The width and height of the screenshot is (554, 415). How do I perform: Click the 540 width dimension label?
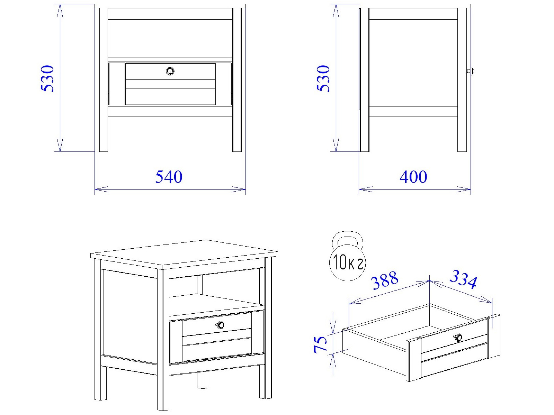[x=169, y=177]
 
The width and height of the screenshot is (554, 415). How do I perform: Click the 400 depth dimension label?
[x=413, y=177]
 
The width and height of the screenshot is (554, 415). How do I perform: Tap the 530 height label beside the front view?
[x=47, y=79]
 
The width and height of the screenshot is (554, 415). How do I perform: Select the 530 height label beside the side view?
[x=323, y=79]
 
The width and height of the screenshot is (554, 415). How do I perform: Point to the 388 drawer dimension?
[x=385, y=280]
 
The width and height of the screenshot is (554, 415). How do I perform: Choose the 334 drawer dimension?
[x=463, y=279]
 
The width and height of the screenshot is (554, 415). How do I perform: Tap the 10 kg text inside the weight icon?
[x=348, y=262]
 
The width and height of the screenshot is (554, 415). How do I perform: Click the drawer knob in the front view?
[x=170, y=71]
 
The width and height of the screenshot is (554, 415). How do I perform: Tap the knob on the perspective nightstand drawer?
[x=220, y=325]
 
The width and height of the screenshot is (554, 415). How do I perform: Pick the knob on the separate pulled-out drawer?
[x=458, y=338]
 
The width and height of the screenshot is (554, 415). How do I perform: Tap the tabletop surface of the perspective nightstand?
[x=184, y=253]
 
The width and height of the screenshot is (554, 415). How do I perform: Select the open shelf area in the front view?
[x=170, y=38]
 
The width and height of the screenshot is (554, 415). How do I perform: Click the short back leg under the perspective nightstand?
[x=203, y=380]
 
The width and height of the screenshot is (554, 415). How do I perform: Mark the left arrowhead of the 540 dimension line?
[x=101, y=189]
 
